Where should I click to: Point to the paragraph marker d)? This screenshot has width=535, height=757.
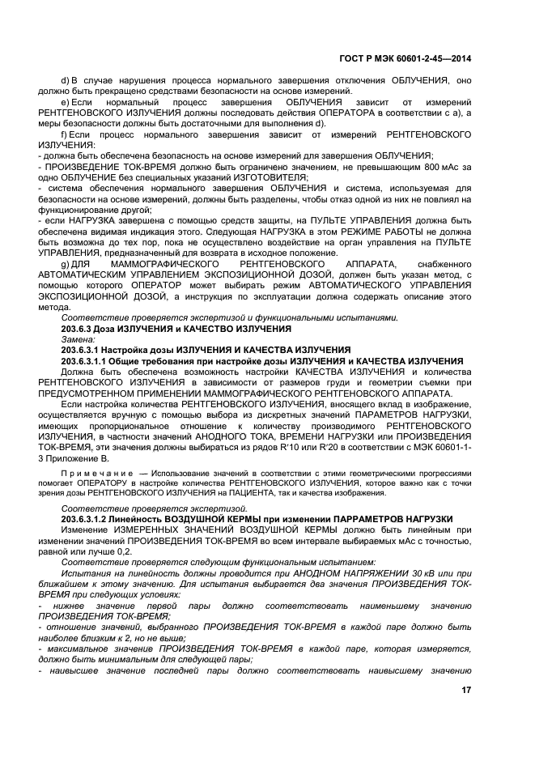pos(66,81)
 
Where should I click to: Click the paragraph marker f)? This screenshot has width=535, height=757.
pos(65,134)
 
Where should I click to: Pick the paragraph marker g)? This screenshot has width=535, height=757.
pos(66,264)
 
